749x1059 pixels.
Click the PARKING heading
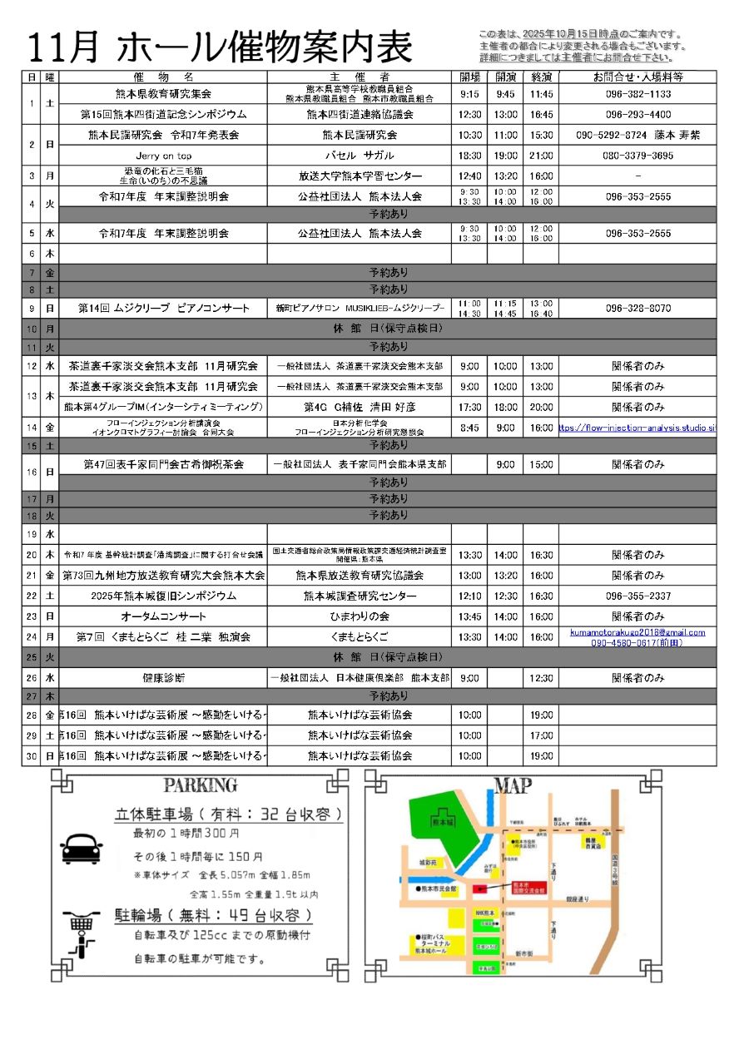coord(201,785)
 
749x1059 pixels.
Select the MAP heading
coord(514,785)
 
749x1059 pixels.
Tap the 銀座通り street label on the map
coord(578,899)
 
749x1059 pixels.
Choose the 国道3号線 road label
coord(614,865)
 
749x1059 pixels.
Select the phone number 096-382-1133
coord(637,94)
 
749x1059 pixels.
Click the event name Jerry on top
coord(163,156)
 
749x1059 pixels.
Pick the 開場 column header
coord(469,77)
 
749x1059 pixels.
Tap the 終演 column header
coord(541,77)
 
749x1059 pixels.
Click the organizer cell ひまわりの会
coord(360,616)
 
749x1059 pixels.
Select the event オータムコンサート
coord(163,616)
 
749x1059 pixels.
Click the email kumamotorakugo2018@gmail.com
coord(637,632)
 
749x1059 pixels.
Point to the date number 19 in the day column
coord(31,534)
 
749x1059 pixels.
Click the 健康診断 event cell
coord(163,678)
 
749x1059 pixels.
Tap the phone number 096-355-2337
coord(637,596)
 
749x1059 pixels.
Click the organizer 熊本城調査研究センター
coord(360,596)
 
